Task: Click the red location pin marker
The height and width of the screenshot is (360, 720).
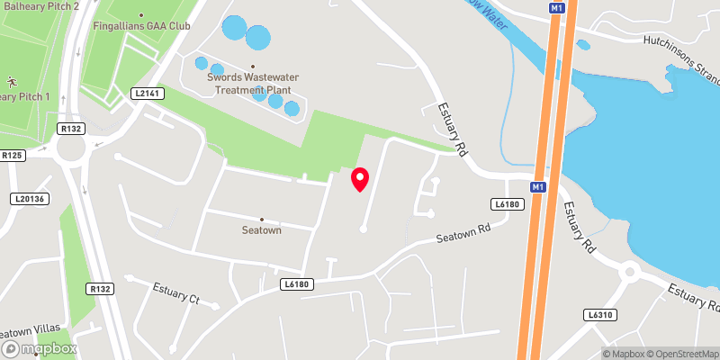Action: point(360,179)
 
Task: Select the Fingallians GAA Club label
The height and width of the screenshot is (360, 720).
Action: point(142,26)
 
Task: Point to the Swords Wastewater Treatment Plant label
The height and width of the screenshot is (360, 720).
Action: point(253,83)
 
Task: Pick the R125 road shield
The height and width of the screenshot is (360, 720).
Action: point(13,156)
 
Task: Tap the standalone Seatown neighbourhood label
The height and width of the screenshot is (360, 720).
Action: point(262,230)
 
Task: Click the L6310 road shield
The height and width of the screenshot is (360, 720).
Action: point(598,315)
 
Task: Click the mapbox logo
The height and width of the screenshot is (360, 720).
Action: point(40,348)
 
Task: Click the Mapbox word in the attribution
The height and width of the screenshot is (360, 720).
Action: point(622,354)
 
